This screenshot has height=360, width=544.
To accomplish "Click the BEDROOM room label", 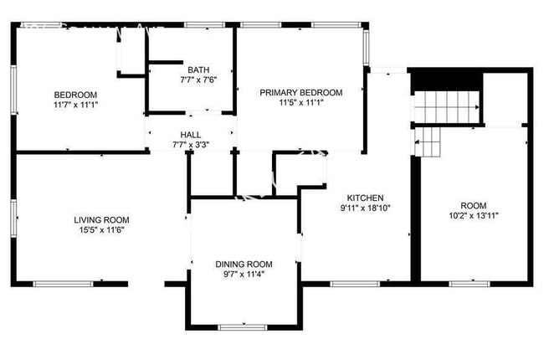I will click(75, 94).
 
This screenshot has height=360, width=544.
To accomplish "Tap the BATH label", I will click(198, 69).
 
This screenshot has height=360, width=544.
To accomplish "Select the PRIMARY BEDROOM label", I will click(300, 92).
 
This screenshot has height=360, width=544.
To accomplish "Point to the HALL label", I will click(191, 134).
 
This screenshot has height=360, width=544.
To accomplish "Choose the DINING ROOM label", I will click(244, 265).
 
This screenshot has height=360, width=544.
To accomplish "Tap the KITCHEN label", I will click(366, 198).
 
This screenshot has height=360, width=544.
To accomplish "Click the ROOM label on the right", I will click(473, 206).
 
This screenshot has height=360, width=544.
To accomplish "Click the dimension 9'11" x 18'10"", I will click(366, 208).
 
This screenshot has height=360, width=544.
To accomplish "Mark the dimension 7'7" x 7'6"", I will click(198, 80).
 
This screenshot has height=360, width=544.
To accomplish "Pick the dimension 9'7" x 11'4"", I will click(244, 275).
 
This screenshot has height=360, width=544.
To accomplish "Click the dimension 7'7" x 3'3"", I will click(191, 144).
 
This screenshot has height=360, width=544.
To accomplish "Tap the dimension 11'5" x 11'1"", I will click(300, 103).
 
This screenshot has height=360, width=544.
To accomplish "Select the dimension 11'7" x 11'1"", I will click(75, 105).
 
